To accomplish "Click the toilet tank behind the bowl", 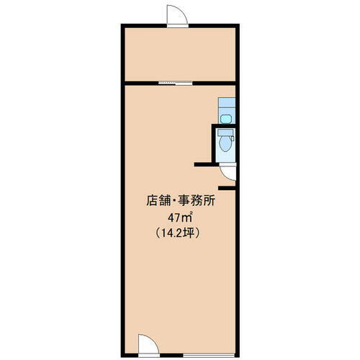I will pos(225,135).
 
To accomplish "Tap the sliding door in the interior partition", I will pos(176,82).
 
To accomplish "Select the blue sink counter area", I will pos(226,111).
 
